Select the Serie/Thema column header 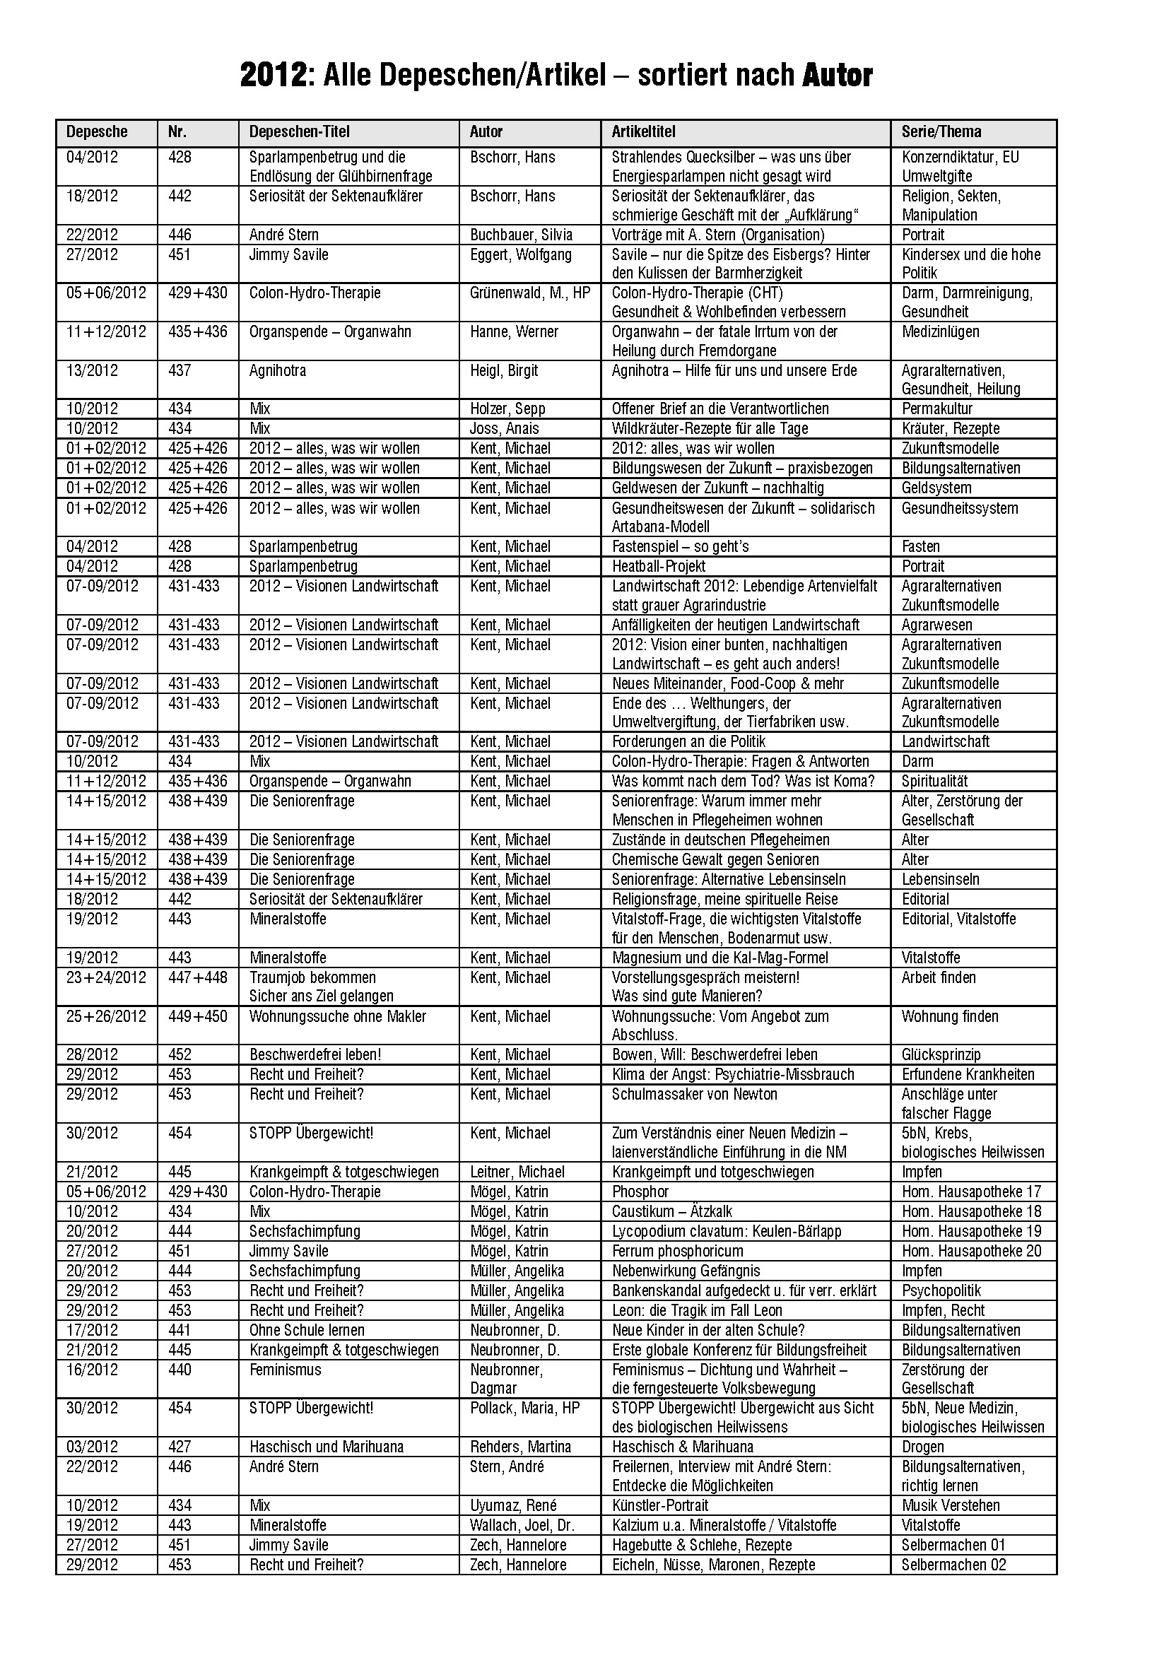[x=941, y=131]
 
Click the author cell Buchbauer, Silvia [x=521, y=235]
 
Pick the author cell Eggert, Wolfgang [x=520, y=254]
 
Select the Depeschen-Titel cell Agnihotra [x=277, y=371]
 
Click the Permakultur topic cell [x=936, y=409]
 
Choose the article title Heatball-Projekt [x=658, y=567]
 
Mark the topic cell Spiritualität [x=934, y=781]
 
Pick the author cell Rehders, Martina [x=519, y=1447]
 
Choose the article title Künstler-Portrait [x=659, y=1505]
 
